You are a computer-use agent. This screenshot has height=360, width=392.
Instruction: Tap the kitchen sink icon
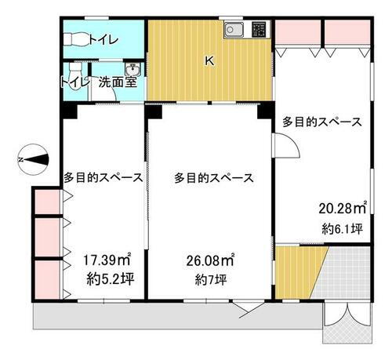coord(234,31)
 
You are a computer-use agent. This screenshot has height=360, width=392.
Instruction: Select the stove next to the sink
coord(259,30)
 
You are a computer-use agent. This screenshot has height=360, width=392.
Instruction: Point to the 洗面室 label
coord(117,82)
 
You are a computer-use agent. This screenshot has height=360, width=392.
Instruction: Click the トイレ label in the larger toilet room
coord(103,38)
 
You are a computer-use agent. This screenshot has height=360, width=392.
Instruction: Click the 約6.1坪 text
coord(342,229)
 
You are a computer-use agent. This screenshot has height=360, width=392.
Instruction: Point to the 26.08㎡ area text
coord(209,259)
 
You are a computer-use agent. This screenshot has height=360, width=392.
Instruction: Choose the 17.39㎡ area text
coord(107,259)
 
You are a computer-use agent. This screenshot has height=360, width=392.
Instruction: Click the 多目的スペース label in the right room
coord(322,122)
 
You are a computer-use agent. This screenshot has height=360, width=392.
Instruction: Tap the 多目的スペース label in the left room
coord(103,178)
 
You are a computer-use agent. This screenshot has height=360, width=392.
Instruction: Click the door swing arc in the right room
coord(286,145)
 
